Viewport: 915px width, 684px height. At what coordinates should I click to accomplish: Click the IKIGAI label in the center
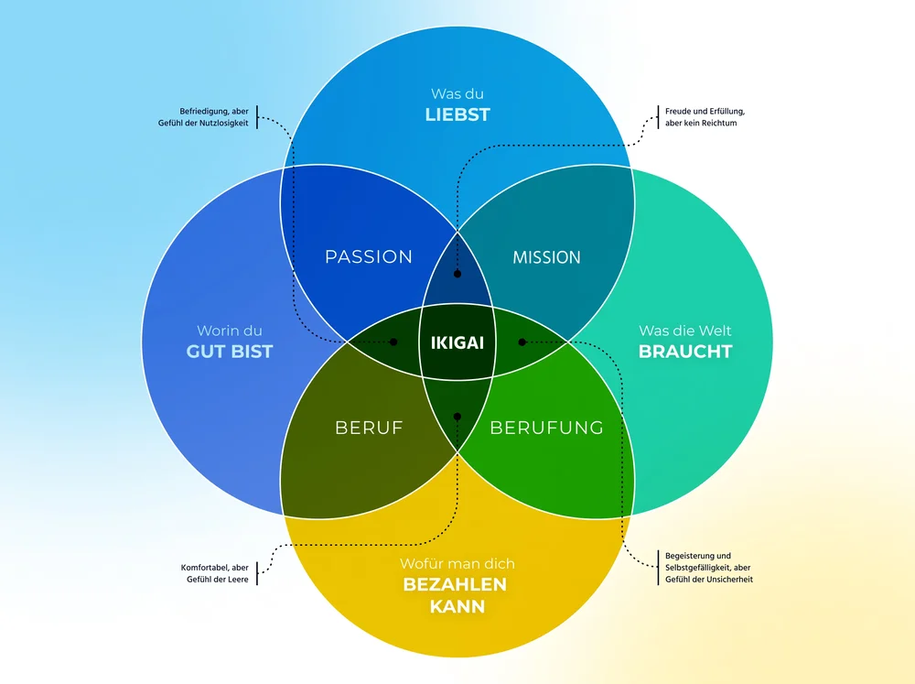coord(457,343)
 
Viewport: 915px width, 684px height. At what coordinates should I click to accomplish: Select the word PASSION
coord(369,257)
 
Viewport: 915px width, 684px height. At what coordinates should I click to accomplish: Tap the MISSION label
coord(546,257)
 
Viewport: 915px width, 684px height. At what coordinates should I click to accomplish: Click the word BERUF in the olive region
coord(369,428)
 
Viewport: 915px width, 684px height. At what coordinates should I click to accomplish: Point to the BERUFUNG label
coord(546,428)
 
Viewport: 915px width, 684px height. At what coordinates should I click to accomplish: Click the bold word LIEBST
coord(457,114)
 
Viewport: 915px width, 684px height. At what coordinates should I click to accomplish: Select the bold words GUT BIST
coord(230,352)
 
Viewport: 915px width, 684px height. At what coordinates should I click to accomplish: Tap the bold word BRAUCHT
coord(685,352)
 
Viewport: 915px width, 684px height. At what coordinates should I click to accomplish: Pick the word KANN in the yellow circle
coord(457,607)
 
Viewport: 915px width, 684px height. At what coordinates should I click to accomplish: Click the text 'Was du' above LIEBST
coord(457,93)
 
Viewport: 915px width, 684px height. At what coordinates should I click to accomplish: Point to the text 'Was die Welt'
coord(685,331)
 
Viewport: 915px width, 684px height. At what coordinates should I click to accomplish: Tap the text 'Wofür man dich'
coord(457,563)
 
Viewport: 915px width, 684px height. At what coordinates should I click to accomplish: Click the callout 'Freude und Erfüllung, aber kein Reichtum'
coord(698,117)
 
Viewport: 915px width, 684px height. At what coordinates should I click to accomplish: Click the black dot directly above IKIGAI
coord(457,273)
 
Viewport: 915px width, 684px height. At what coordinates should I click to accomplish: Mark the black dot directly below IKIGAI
coord(457,416)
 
